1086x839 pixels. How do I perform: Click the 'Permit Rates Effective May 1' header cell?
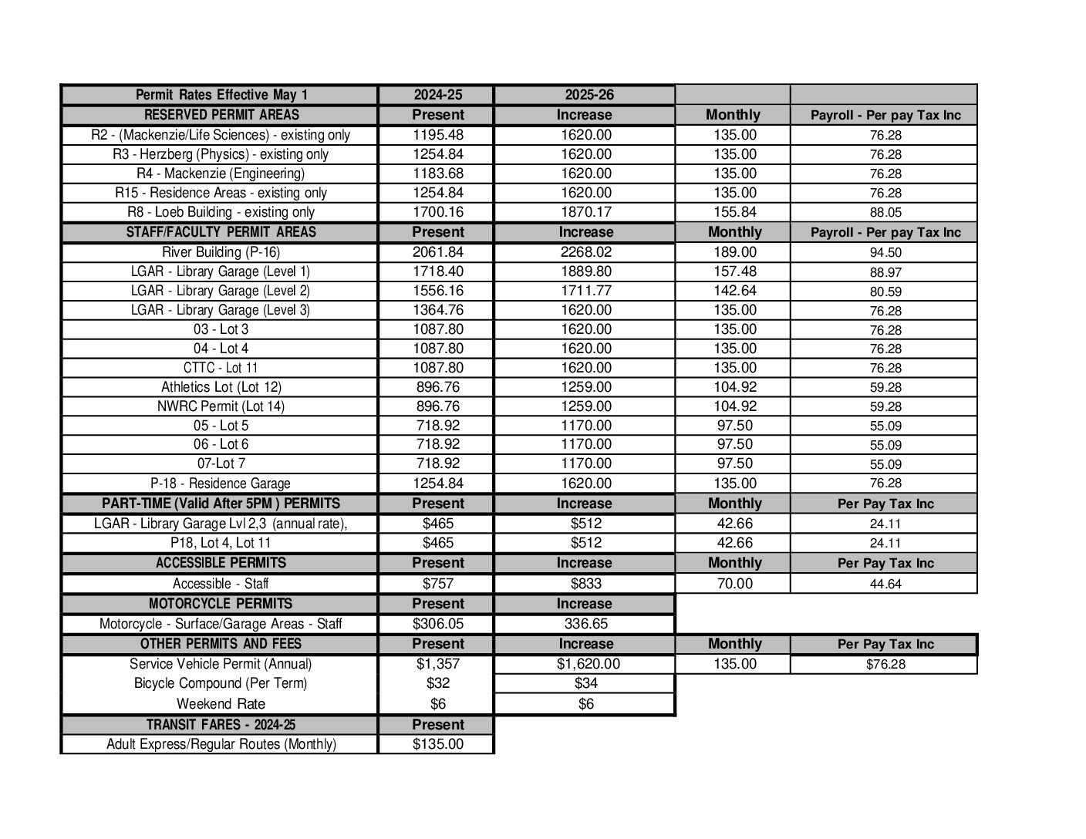coord(221,95)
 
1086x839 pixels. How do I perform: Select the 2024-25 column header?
coord(437,95)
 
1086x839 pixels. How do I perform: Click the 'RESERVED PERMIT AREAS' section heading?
coord(221,115)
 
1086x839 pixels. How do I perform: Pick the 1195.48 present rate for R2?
coord(437,135)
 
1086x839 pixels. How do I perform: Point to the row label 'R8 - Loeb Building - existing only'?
coord(221,212)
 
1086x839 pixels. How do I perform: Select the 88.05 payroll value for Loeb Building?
coord(885,213)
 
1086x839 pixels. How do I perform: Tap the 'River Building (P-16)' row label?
coord(221,252)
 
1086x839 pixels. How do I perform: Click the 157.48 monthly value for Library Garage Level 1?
coord(734,271)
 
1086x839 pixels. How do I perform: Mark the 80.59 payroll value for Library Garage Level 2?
coord(885,291)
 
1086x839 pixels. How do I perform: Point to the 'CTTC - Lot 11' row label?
coord(221,368)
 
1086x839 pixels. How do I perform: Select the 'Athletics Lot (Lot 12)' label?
coord(221,387)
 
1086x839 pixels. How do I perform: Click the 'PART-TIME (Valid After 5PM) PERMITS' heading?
coord(221,504)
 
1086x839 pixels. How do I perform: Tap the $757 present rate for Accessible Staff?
coord(437,584)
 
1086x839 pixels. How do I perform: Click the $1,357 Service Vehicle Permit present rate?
coord(437,664)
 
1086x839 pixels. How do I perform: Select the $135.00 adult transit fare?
coord(437,744)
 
